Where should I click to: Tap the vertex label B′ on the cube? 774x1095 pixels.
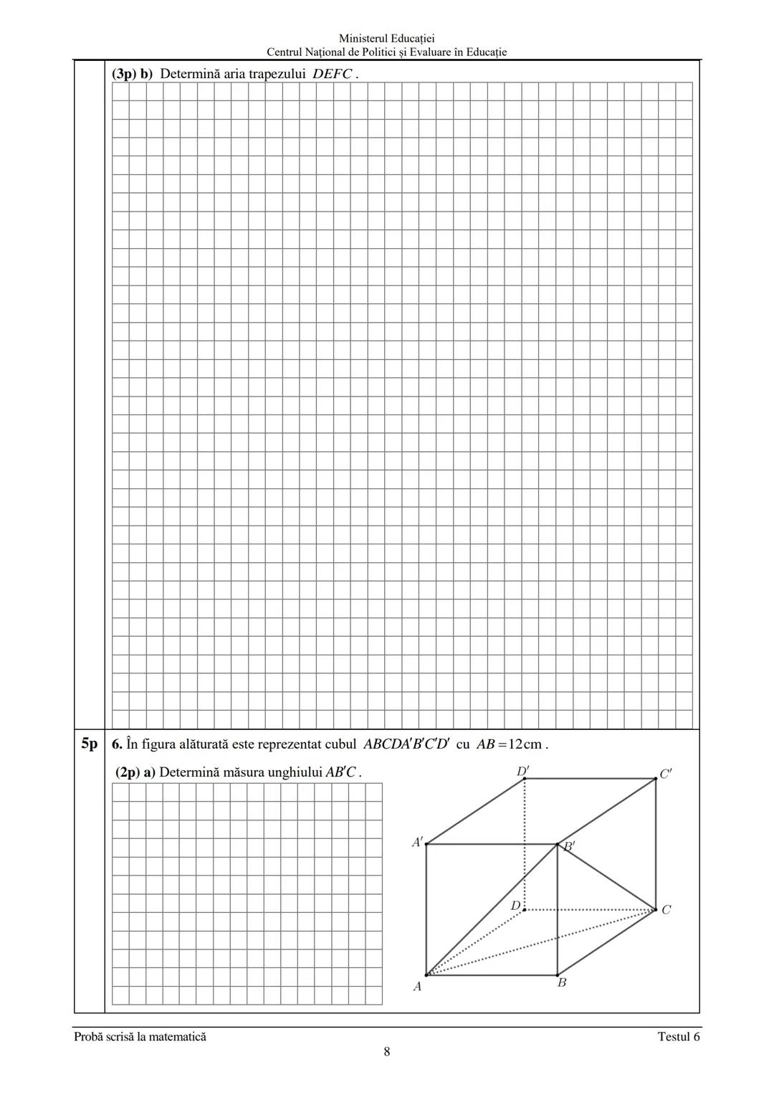569,846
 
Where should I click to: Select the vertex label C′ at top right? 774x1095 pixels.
666,774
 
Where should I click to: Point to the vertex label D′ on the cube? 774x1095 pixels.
522,772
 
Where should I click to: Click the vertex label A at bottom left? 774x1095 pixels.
417,987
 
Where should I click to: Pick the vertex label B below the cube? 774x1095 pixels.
562,982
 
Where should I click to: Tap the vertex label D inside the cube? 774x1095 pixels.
515,906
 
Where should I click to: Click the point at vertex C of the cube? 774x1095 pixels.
656,910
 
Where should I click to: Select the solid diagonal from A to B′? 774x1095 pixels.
492,910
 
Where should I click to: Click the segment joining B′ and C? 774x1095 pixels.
606,877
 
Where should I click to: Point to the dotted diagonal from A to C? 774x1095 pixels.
541,942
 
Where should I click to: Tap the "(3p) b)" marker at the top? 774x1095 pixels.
133,74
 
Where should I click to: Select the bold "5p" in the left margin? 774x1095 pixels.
89,744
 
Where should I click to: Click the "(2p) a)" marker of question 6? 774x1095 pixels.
135,772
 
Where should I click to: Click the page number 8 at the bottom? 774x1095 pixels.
387,1052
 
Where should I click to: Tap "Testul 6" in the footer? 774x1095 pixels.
678,1036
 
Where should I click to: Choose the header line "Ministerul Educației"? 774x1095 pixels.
387,39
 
